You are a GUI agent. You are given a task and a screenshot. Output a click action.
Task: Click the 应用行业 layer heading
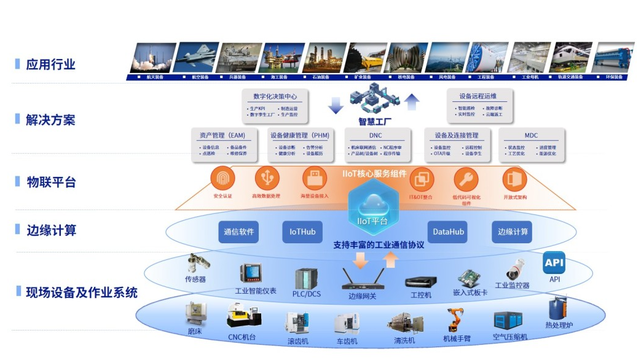[50, 64]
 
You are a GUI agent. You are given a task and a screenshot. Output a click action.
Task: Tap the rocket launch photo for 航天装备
[151, 57]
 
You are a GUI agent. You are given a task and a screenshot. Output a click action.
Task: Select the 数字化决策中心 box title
[275, 96]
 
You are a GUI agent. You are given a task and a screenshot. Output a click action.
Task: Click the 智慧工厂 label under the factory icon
[374, 121]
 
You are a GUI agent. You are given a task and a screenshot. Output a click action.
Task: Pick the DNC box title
[376, 135]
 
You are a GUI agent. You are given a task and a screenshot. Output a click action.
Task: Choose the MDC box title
[531, 135]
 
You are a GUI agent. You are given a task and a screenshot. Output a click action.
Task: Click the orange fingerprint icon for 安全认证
[222, 179]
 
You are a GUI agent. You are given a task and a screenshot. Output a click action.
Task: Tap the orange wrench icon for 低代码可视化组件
[466, 179]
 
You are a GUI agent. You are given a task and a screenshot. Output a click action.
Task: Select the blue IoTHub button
[302, 232]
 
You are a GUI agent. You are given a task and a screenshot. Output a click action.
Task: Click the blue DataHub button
[449, 232]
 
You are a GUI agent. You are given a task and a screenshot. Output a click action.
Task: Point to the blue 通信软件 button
[238, 232]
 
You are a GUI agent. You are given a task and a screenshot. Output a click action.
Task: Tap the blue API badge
[554, 263]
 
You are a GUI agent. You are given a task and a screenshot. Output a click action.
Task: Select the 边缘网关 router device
[361, 281]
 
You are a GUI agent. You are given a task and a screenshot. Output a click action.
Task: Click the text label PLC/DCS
[307, 294]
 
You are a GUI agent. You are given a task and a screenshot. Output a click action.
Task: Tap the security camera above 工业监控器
[515, 269]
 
